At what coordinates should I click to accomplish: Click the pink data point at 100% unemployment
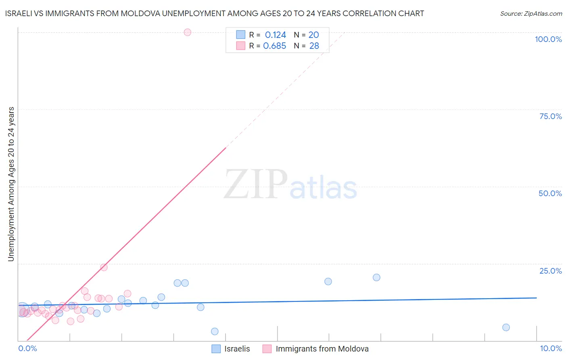coord(187,32)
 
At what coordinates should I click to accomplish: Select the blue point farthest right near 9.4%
coord(506,327)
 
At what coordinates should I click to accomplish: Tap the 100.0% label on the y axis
coord(548,39)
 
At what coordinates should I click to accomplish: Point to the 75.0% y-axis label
coord(550,116)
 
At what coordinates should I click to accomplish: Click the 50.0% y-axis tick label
coord(550,193)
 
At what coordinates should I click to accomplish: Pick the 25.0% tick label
coord(550,270)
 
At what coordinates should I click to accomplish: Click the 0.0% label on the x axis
coord(27,348)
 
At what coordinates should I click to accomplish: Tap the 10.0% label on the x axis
coord(550,348)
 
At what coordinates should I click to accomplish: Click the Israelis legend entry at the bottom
coord(237,349)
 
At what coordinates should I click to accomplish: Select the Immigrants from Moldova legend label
coord(322,349)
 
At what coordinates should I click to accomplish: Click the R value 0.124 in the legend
coord(275,35)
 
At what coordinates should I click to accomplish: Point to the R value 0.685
coord(275,46)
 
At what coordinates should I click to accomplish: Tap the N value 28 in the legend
coord(314,46)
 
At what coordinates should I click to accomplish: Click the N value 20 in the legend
coord(314,35)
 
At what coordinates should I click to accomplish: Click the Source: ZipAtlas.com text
coord(531,14)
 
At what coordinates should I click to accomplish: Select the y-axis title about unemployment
coord(11,184)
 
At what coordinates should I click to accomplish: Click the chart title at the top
coord(215,13)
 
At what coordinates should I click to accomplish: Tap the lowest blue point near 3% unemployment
coord(215,331)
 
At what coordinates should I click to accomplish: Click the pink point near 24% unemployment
coord(104,267)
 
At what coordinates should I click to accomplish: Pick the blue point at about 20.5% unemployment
coord(376,277)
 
